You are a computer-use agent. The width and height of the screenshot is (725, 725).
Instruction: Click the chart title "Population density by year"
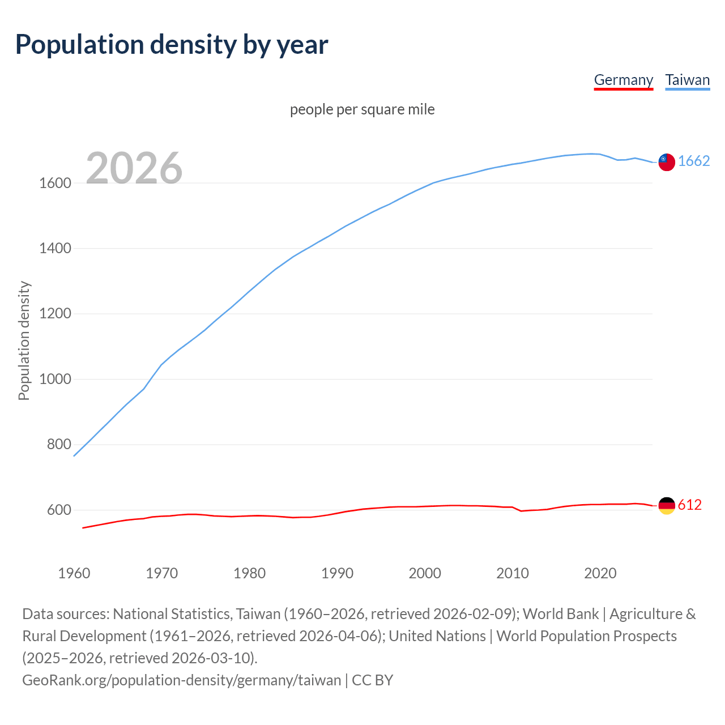point(172,45)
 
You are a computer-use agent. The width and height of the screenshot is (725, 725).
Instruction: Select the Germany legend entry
point(623,80)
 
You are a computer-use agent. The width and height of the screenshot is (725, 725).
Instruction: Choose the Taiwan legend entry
point(687,80)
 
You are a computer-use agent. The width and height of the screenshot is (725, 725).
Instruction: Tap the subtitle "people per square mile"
point(362,109)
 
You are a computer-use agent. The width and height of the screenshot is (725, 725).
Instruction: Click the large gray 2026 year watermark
point(134,168)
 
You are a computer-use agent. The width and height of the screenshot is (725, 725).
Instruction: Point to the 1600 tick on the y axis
point(55,183)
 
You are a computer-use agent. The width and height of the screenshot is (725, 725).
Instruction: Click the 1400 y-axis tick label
point(55,248)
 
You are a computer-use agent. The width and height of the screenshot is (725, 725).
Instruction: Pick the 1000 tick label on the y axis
point(55,379)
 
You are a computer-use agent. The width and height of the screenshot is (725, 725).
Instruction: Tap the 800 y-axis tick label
point(59,445)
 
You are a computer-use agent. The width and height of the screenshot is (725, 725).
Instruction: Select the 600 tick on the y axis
point(59,510)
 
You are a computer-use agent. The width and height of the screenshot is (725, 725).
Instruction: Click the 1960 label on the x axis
point(74,573)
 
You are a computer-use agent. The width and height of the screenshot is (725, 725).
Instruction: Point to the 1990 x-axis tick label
point(337,573)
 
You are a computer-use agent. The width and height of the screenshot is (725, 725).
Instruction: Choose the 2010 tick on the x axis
point(513,573)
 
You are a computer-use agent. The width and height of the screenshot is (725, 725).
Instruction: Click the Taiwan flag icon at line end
point(667,162)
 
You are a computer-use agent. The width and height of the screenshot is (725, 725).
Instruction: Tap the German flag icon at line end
point(667,505)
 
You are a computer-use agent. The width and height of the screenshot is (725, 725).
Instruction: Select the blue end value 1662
point(694,161)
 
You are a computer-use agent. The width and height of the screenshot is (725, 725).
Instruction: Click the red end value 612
point(690,505)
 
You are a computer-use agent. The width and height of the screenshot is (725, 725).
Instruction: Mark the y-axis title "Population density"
point(24,340)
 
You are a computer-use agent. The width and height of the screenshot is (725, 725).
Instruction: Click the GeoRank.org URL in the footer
point(181,680)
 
